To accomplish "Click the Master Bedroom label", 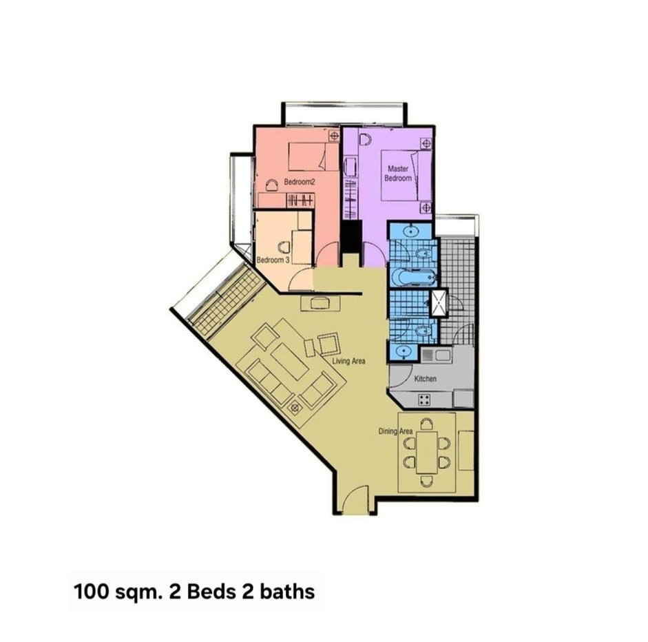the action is click(399, 174).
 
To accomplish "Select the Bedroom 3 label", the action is click(273, 260).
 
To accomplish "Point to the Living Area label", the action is click(349, 361).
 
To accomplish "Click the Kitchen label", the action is click(426, 378).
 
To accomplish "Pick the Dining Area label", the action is click(395, 431).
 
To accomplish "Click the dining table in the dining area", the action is click(427, 453).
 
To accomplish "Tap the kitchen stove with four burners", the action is click(424, 400).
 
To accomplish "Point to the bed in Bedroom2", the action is click(313, 156).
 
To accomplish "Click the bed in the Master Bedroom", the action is click(406, 175).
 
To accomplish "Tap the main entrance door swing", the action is click(355, 500).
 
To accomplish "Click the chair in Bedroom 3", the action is click(284, 247).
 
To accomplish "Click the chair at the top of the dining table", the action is click(427, 424).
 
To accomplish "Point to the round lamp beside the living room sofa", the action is click(295, 408).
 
